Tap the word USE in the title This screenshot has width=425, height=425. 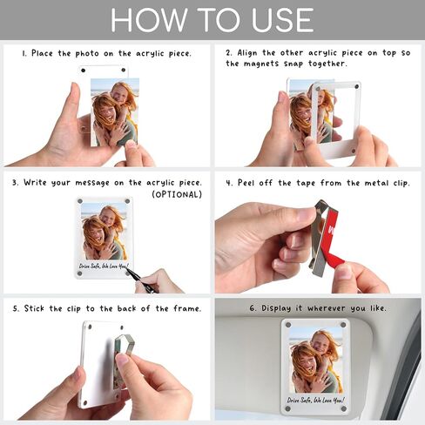tap(282, 20)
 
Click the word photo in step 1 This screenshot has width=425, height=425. tap(87, 54)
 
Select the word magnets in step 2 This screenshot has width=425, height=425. tap(261, 64)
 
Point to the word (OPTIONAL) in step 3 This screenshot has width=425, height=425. tap(177, 194)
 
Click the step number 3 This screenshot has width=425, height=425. tap(15, 183)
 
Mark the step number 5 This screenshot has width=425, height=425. tap(16, 308)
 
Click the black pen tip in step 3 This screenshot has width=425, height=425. tap(127, 270)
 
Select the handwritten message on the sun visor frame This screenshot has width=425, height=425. tap(315, 400)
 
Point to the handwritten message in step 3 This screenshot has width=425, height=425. tap(103, 266)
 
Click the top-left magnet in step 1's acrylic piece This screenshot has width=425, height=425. tap(84, 71)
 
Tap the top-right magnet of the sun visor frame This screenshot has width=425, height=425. tap(343, 325)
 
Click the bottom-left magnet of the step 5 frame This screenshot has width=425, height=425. tap(84, 402)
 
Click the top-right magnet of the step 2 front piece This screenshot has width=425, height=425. tap(357, 86)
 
